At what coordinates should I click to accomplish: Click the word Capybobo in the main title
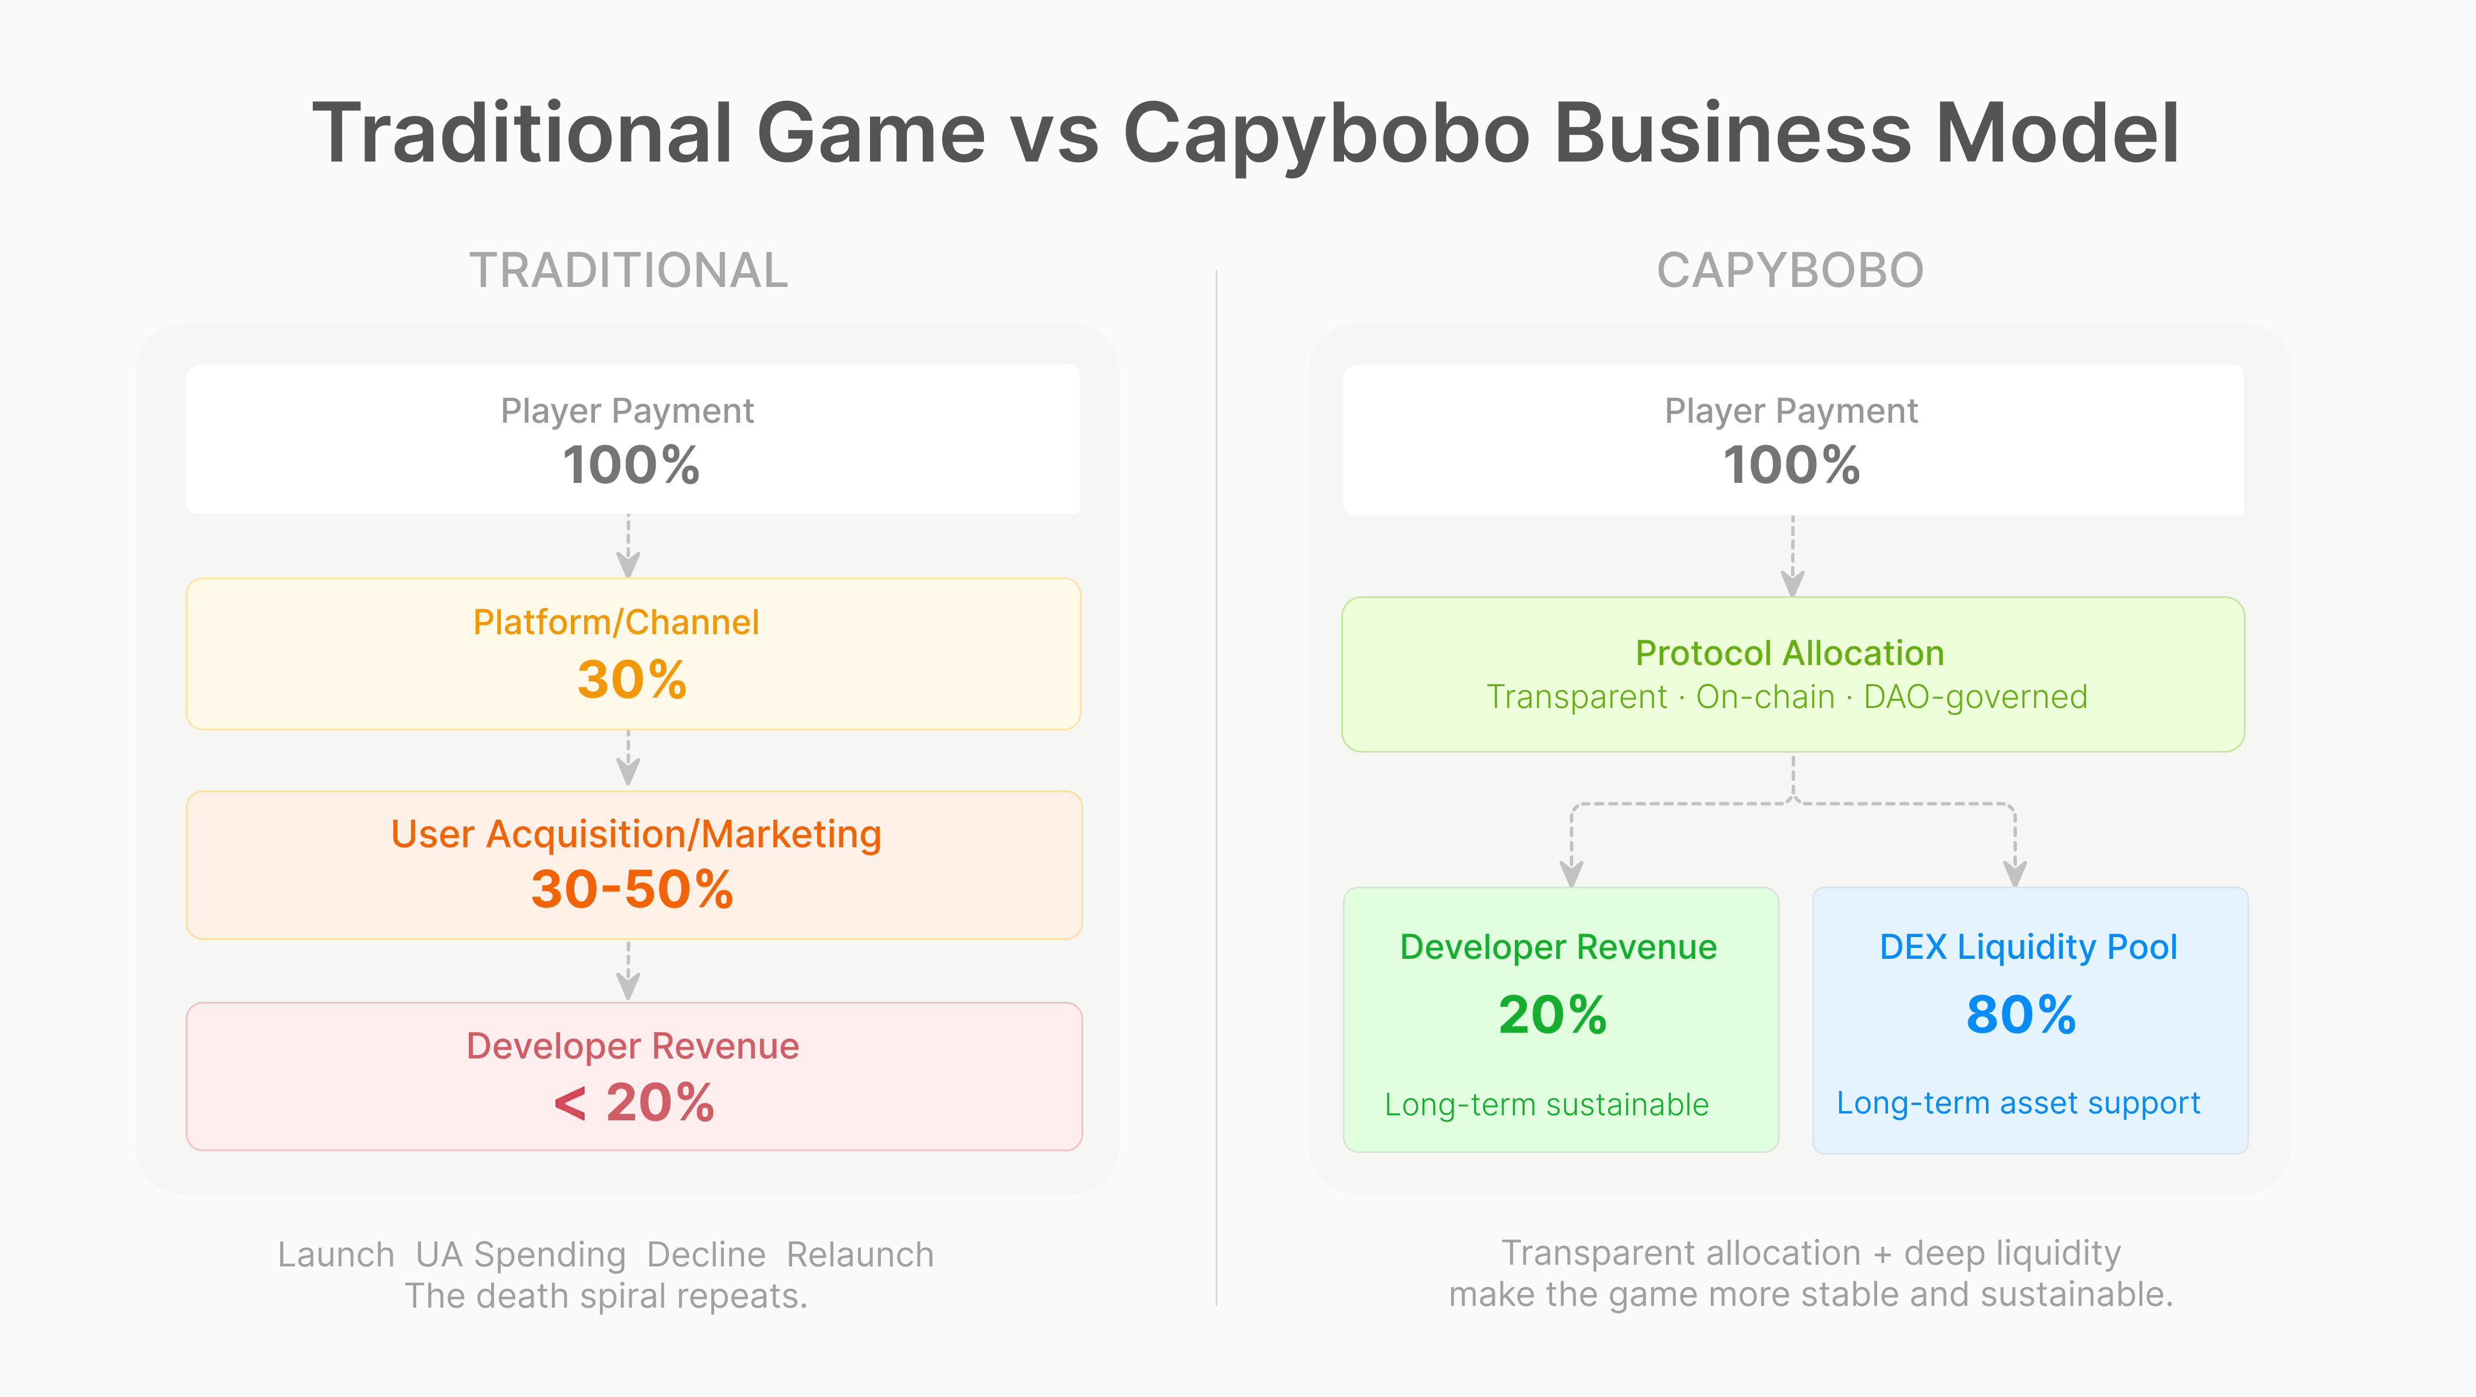point(1326,135)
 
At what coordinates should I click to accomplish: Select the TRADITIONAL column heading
point(629,270)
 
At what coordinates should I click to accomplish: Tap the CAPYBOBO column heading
point(1790,270)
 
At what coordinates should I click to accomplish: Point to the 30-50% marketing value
point(632,889)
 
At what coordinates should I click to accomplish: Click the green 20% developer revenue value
point(1552,1014)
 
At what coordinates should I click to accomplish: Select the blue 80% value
point(2020,1014)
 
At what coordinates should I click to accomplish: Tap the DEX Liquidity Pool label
point(2028,947)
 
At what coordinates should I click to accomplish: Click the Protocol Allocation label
point(1790,654)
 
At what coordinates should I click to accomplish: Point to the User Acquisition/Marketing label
point(636,834)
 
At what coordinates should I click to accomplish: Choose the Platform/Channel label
point(616,623)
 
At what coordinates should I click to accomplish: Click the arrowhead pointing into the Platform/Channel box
point(629,564)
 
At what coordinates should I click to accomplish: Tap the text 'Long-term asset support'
point(2019,1103)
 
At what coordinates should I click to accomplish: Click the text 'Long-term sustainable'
point(1546,1105)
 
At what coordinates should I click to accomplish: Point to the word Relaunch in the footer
point(860,1255)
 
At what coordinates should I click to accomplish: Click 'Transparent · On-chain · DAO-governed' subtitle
point(1787,696)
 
